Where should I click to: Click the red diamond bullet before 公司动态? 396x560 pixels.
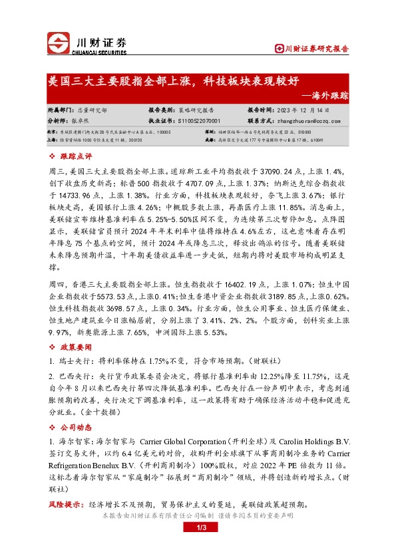click(54, 426)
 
